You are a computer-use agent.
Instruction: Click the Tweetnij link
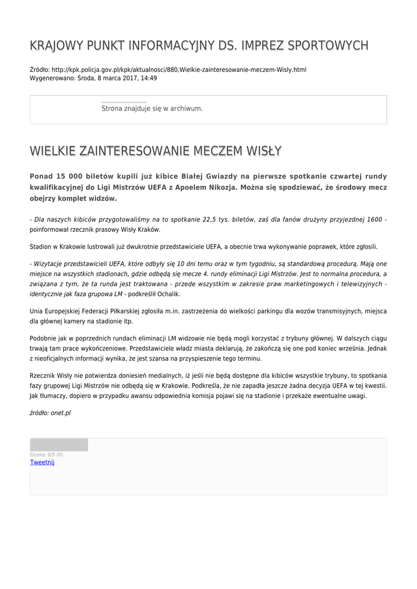coord(42,462)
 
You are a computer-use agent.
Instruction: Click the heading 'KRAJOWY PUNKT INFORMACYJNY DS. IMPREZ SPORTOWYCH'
coord(199,46)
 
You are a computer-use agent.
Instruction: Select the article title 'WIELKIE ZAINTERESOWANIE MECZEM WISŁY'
coord(155,151)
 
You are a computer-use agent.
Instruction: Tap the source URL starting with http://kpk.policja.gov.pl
coord(179,70)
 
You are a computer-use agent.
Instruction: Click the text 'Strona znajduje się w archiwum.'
coord(152,108)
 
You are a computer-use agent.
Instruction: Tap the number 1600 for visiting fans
coord(374,220)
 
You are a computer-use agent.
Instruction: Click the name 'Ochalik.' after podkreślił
coord(167,294)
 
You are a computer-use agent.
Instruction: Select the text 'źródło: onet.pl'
coord(50,413)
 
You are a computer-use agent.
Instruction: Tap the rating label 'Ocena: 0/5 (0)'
coord(47,454)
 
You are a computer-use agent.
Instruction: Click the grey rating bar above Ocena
coord(59,445)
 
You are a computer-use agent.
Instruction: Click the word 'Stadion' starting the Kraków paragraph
coord(40,247)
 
